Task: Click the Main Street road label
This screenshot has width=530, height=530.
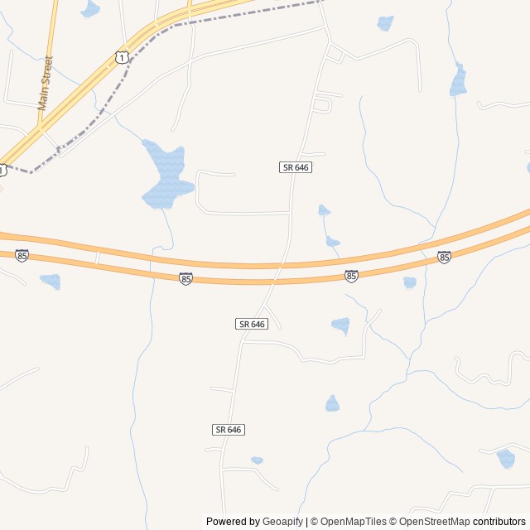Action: (45, 83)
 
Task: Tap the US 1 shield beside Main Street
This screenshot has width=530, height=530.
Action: (122, 56)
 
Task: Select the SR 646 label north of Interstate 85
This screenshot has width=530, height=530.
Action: (296, 167)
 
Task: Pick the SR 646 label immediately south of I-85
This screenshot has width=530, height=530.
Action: (252, 324)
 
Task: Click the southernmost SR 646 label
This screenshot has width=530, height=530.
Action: (229, 430)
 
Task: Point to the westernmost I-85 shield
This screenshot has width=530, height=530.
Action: (22, 255)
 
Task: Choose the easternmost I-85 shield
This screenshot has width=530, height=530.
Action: (445, 258)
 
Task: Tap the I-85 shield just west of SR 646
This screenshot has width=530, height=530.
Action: (185, 279)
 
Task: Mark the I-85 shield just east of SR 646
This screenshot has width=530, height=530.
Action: (351, 276)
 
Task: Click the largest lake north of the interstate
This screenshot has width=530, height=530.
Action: (165, 176)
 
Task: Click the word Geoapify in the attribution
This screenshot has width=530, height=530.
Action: (283, 522)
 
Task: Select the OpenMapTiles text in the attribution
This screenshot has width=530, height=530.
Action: (353, 522)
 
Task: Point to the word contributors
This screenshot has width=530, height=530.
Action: (499, 522)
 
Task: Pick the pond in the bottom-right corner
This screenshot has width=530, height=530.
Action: (505, 458)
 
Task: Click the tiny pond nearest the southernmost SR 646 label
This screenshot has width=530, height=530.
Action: (257, 460)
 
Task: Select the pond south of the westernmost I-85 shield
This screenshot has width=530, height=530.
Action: (51, 282)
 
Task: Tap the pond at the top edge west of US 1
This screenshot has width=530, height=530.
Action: (89, 9)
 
